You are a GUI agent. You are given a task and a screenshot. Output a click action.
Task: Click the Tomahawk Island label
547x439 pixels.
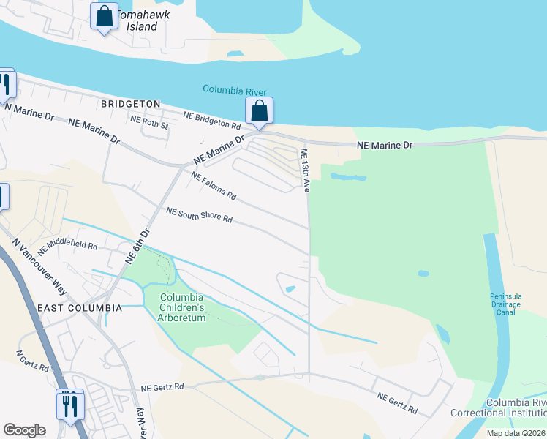coord(136,20)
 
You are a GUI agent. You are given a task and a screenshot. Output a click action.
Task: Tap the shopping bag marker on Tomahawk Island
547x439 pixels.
coord(104,16)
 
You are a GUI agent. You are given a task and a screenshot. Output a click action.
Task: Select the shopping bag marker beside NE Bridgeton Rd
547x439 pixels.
coord(259,110)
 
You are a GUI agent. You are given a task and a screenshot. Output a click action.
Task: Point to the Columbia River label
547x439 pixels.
coord(234,91)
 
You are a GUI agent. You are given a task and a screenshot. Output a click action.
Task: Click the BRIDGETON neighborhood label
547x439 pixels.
coord(131,104)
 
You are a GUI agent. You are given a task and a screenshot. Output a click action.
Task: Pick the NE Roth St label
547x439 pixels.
coord(149,125)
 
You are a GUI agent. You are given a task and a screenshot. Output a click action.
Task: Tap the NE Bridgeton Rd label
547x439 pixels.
coord(212,121)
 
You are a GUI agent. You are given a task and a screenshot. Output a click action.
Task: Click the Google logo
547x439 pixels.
coord(24,430)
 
